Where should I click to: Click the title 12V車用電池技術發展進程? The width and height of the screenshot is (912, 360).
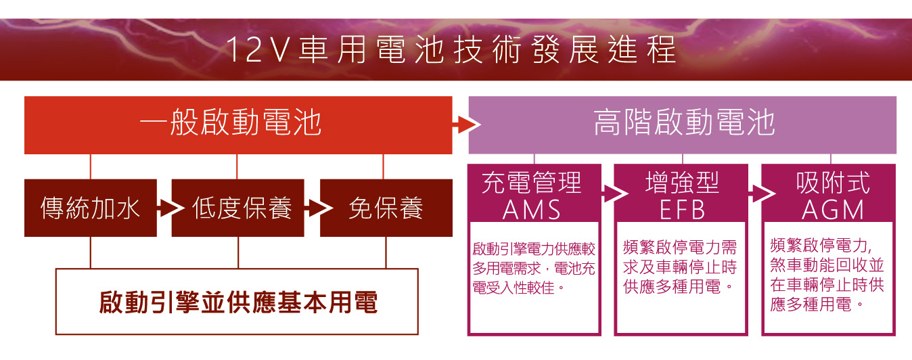451,51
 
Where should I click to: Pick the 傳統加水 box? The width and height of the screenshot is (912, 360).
91,208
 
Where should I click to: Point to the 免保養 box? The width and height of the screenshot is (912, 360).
386,208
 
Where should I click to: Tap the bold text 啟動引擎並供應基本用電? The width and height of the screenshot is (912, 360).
237,302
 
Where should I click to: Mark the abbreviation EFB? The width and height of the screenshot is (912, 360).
682,210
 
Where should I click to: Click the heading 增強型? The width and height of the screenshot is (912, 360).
682,183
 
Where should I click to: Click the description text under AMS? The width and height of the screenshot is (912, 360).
533,269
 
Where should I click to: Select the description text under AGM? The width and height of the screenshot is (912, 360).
827,274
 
